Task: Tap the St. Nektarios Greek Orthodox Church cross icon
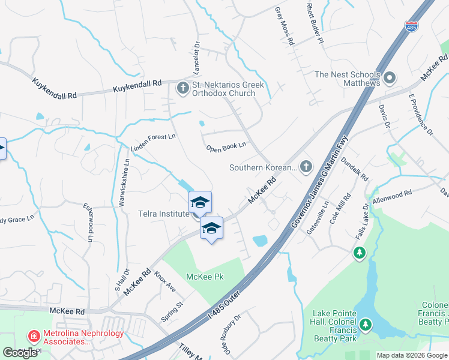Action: click(182, 89)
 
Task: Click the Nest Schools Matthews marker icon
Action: click(390, 78)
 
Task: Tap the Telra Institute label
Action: click(164, 213)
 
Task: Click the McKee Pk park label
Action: click(205, 277)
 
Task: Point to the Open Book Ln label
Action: click(226, 146)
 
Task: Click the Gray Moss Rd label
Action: click(285, 27)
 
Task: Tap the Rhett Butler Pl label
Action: click(315, 23)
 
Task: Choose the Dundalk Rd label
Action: click(354, 170)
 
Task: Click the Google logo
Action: click(20, 353)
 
